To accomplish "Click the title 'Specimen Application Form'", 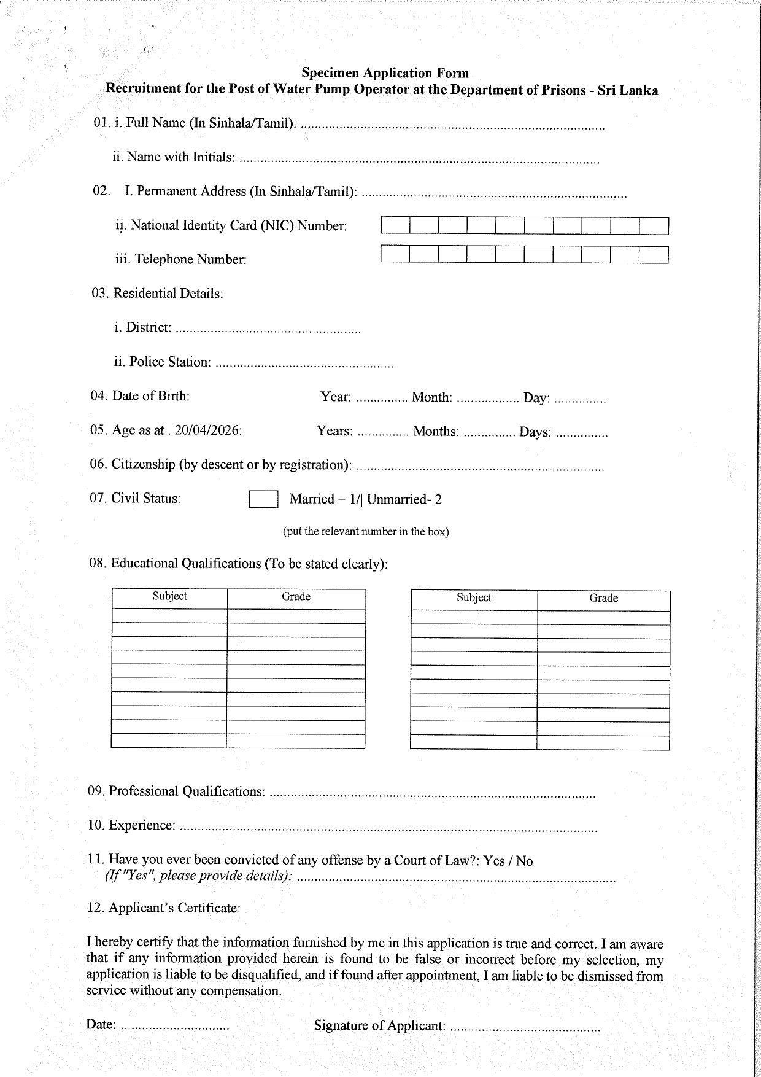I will (x=385, y=73).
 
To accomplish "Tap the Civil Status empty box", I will (x=263, y=499).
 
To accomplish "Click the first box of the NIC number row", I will (x=395, y=226).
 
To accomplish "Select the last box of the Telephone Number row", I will (x=654, y=254).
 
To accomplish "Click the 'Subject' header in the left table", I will (x=169, y=596).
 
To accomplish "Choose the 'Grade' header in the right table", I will (x=603, y=598).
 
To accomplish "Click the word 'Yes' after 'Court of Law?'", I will (x=494, y=861).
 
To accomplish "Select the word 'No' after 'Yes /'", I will (x=524, y=861).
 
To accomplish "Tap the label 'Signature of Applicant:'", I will (x=379, y=1025).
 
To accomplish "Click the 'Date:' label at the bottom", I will (x=101, y=1024).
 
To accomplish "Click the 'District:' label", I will (x=149, y=328).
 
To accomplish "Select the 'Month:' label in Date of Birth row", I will (x=431, y=397).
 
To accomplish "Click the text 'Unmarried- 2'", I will (x=404, y=499).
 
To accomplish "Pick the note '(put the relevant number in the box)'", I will (x=366, y=532).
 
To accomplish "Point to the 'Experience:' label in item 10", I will (x=142, y=826).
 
